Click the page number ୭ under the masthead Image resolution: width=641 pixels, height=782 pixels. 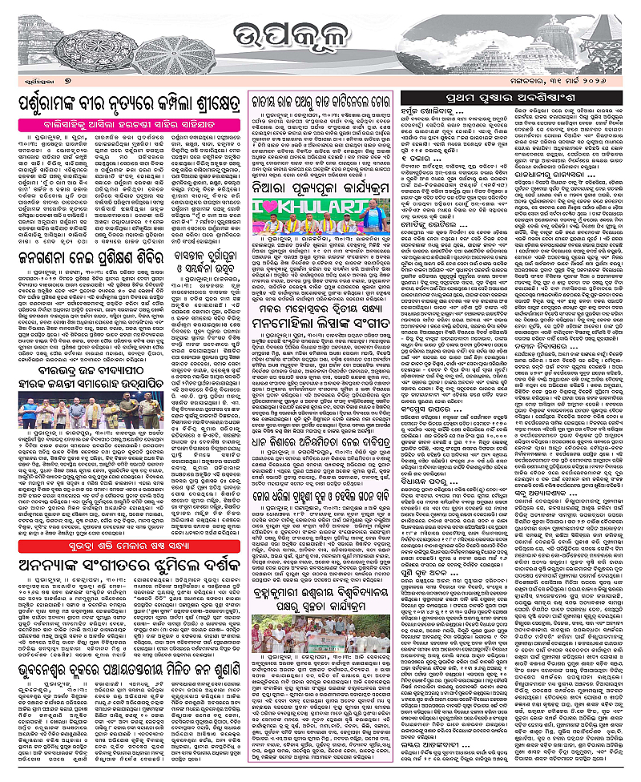[x=69, y=83]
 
